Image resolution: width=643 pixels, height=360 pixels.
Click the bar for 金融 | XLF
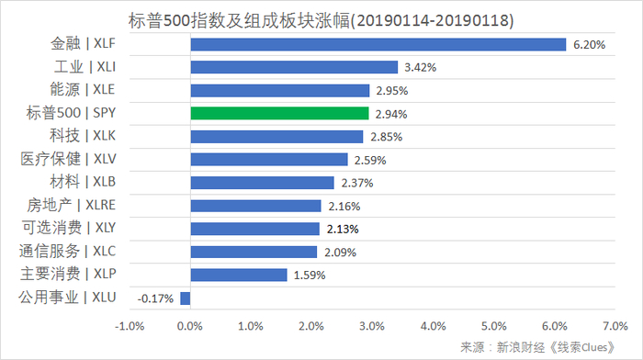pyautogui.click(x=378, y=44)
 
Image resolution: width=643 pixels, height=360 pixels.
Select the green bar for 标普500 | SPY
pyautogui.click(x=279, y=114)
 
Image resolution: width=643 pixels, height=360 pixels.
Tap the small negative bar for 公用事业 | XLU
pyautogui.click(x=185, y=298)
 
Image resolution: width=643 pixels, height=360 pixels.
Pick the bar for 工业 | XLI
pyautogui.click(x=294, y=67)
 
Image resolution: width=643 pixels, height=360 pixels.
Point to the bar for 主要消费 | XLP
pyautogui.click(x=238, y=275)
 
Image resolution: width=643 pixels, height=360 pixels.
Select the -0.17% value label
pyautogui.click(x=155, y=298)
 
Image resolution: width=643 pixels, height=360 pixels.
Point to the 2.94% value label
pyautogui.click(x=389, y=114)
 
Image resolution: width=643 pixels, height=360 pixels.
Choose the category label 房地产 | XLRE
pyautogui.click(x=78, y=205)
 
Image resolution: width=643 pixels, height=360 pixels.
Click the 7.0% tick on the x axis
pyautogui.click(x=615, y=325)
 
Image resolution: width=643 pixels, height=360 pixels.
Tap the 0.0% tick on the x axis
pyautogui.click(x=189, y=325)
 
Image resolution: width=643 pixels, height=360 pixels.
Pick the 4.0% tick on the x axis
pyautogui.click(x=433, y=325)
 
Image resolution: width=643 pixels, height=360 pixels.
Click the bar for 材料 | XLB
pyautogui.click(x=262, y=183)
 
